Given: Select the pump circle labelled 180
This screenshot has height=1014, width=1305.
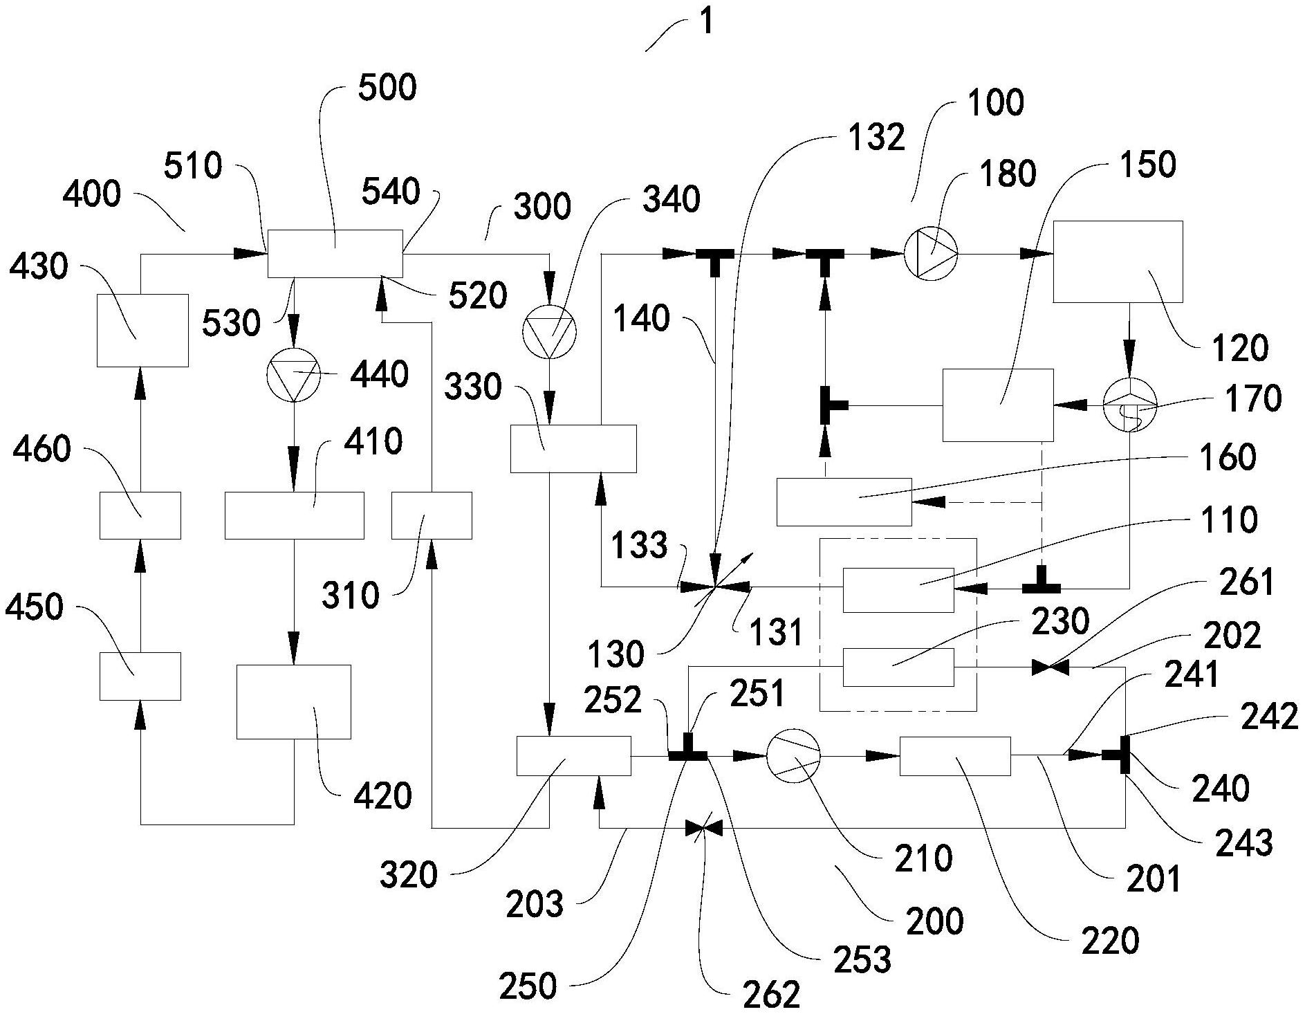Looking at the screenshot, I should pyautogui.click(x=931, y=254).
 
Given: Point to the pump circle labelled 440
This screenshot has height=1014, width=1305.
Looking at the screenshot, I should pyautogui.click(x=293, y=374).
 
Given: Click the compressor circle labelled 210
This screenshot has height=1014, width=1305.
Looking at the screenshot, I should pyautogui.click(x=793, y=755).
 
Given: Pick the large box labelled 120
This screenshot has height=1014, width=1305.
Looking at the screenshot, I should pyautogui.click(x=1118, y=261).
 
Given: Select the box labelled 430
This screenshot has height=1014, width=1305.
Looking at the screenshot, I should pyautogui.click(x=142, y=330).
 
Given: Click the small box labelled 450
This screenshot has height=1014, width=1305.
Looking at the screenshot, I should pyautogui.click(x=140, y=676).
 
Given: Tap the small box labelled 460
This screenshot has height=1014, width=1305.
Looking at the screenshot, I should pyautogui.click(x=140, y=515).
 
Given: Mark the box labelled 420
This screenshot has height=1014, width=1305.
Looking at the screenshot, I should pyautogui.click(x=294, y=701).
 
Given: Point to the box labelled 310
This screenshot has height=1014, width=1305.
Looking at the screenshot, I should pyautogui.click(x=432, y=515).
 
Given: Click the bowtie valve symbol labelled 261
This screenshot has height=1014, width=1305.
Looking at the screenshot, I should pyautogui.click(x=1050, y=668).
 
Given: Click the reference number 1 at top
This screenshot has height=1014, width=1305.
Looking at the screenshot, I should pyautogui.click(x=705, y=22).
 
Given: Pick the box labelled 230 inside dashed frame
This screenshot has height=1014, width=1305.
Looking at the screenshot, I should pyautogui.click(x=898, y=667).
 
